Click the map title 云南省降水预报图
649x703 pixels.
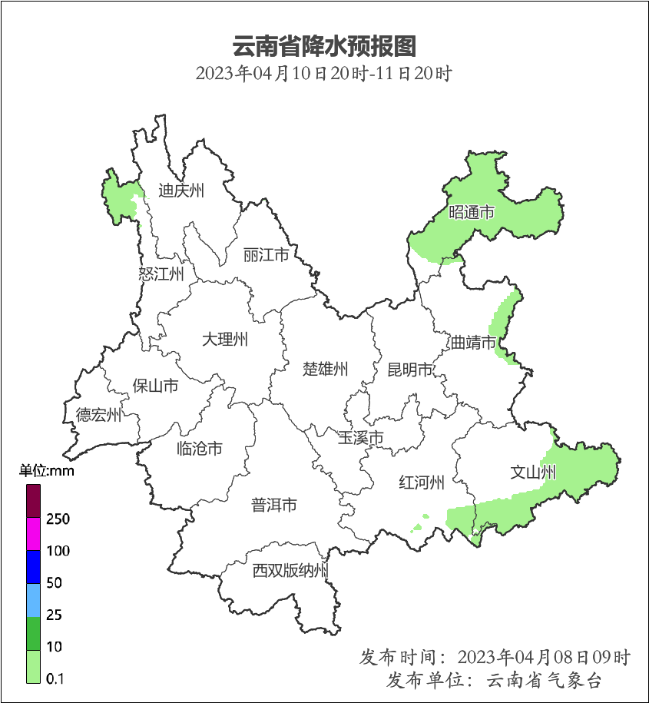click(323, 46)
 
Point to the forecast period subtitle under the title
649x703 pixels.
click(323, 75)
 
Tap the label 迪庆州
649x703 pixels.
click(181, 191)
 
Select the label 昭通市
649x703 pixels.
click(471, 212)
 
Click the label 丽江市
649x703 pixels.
click(266, 254)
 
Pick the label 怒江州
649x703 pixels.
click(161, 274)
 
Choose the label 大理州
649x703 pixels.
click(225, 339)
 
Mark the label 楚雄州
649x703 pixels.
click(325, 369)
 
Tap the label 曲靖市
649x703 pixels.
click(473, 342)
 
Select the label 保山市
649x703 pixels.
click(155, 385)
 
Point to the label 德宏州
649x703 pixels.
click(98, 416)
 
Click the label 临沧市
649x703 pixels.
click(200, 448)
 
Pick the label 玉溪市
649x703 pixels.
click(361, 438)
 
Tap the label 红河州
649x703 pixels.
click(422, 482)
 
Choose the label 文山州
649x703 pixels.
click(533, 472)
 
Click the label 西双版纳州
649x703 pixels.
click(291, 571)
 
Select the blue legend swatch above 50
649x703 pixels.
click(33, 566)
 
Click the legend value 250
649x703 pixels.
click(58, 519)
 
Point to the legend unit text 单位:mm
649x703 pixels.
click(47, 471)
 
